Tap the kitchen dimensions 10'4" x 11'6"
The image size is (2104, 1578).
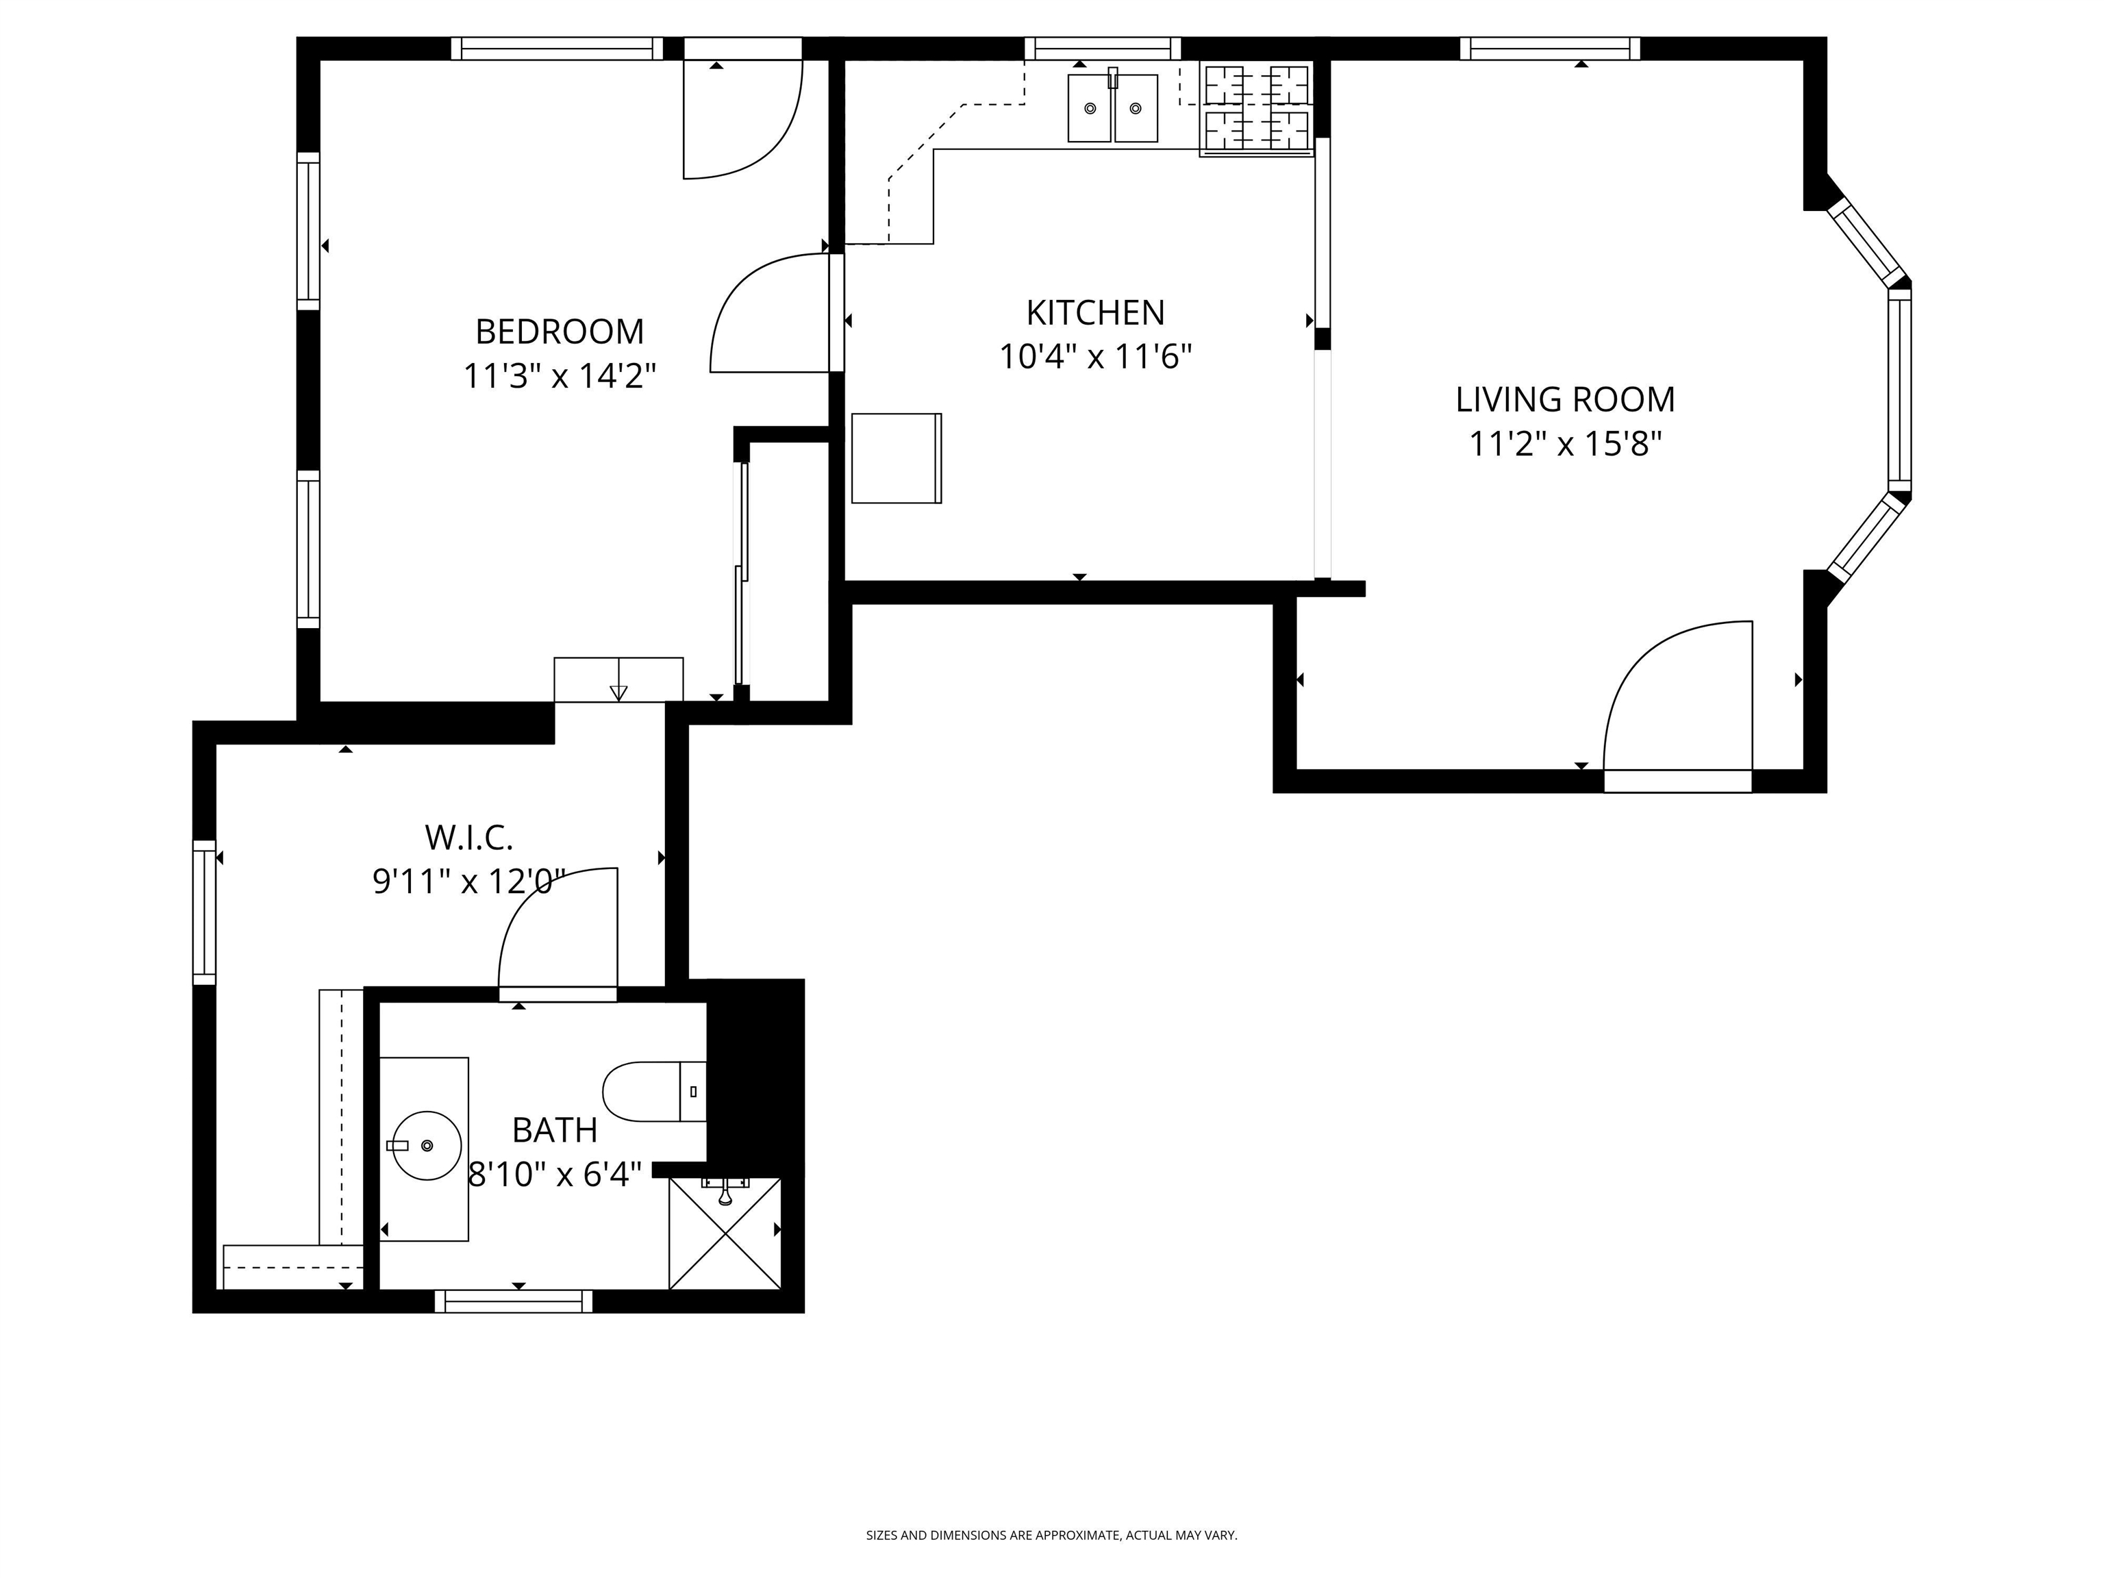[x=1094, y=357]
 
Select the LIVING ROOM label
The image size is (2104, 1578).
[x=1565, y=399]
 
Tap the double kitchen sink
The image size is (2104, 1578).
[x=1113, y=108]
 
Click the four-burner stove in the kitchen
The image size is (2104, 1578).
[x=1257, y=108]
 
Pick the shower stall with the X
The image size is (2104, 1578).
[x=725, y=1233]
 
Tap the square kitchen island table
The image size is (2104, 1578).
[x=896, y=458]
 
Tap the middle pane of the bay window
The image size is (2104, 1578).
[x=1899, y=390]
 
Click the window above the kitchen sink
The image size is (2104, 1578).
[x=1103, y=49]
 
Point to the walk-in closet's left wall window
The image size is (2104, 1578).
[x=205, y=912]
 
